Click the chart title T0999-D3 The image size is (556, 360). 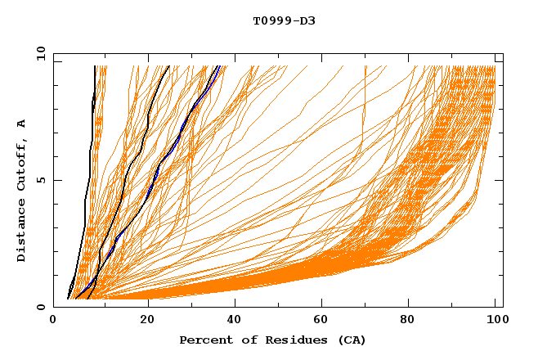coord(284,20)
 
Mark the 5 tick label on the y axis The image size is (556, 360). coord(39,180)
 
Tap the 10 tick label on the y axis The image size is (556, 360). coord(37,52)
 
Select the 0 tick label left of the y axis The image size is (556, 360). coord(39,307)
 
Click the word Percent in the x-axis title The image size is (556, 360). coord(205,340)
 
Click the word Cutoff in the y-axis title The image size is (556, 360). coord(22,164)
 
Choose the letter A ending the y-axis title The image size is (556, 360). coord(22,124)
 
